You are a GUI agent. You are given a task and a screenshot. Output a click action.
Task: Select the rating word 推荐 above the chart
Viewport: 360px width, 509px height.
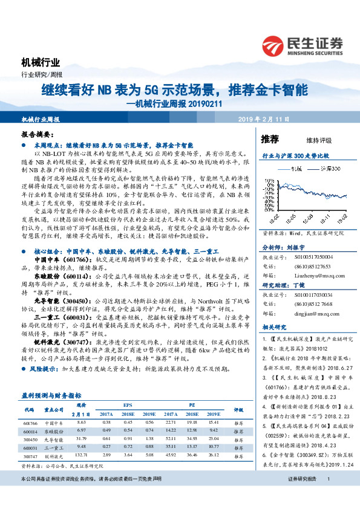pos(270,139)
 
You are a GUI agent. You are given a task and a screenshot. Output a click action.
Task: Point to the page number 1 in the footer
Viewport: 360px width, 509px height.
pos(327,496)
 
